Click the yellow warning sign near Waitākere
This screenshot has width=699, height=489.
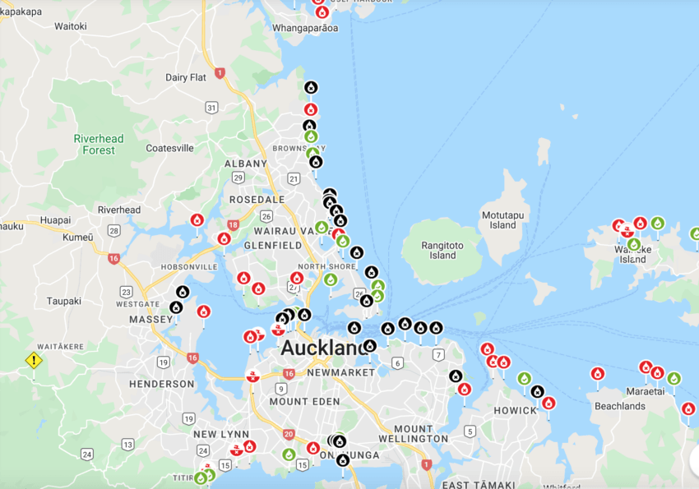pos(33,360)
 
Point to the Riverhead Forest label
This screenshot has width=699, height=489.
pos(99,144)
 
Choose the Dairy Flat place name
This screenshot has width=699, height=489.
pos(185,77)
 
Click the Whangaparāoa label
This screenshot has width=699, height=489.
pos(305,28)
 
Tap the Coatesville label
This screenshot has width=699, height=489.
pos(169,148)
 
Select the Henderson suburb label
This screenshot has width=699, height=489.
pos(161,384)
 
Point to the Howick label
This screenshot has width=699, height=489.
pos(516,410)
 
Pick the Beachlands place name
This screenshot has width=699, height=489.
pos(620,406)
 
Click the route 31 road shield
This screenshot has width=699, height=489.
pos(211,108)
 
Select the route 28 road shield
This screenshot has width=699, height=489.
pos(113,231)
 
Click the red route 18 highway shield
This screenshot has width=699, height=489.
pos(233,224)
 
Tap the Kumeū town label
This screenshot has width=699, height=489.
pos(78,237)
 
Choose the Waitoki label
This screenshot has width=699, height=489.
pos(71,26)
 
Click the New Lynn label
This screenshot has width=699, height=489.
pos(216,434)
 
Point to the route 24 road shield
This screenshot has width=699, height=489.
pos(87,454)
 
